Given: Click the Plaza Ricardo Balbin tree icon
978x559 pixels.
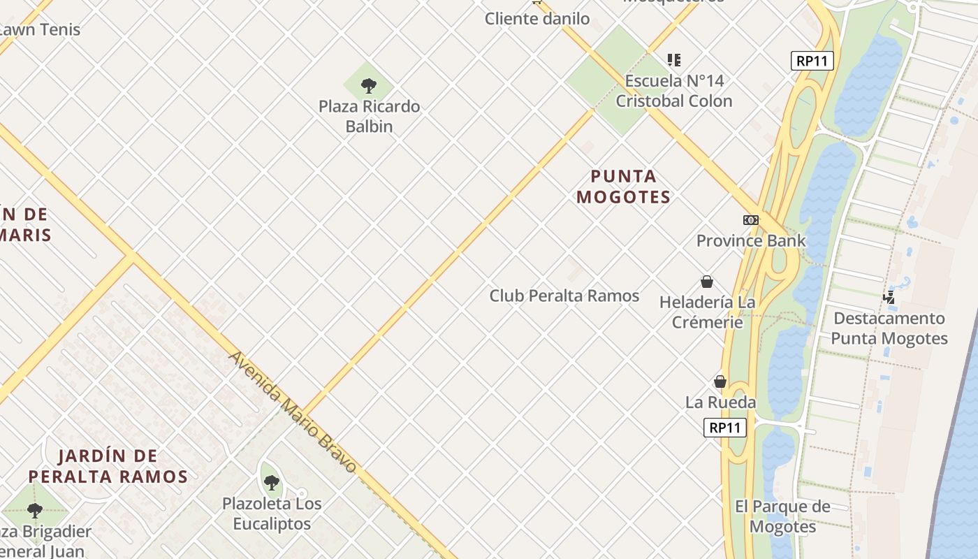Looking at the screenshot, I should pos(369,86).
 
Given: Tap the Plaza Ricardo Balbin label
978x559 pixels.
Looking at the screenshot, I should pos(369,117).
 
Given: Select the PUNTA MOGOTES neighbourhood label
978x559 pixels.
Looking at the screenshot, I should pos(623,187).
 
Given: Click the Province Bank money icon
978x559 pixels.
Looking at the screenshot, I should pos(751,220).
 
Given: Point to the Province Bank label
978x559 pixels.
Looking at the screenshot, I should pos(751,240).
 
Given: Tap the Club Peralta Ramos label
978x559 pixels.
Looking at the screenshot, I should pos(564,296).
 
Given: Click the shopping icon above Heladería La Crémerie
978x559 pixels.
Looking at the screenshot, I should pos(707,282).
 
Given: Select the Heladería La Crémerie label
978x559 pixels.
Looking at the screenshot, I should pos(708,312).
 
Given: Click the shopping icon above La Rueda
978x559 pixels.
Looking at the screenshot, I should pos(720,382).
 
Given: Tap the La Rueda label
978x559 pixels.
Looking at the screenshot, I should pos(720,402).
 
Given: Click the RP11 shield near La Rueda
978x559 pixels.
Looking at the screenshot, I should pos(724,428).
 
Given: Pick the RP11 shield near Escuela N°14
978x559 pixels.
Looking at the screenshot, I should pos(812,61).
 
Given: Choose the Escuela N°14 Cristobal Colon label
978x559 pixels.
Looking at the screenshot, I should pos(673,91).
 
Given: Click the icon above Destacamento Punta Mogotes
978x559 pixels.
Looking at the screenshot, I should pos(889,298).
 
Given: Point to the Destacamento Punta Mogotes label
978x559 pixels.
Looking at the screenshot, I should pos(889,328).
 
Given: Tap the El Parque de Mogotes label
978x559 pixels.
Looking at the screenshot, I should pos(782,516).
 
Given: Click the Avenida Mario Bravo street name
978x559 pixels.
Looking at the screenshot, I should pos(293,412).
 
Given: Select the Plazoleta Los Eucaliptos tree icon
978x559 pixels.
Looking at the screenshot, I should pos(272,482).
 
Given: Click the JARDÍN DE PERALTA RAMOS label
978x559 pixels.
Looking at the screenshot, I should pos(108,467).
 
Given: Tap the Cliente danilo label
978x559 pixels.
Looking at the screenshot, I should pos(537,19).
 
